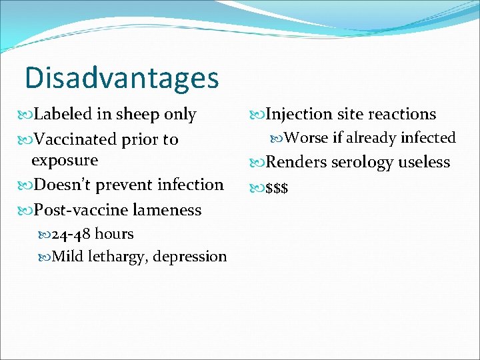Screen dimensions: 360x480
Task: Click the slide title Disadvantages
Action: click(121, 77)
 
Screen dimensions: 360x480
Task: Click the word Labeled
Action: click(63, 114)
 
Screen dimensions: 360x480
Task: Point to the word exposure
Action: click(65, 161)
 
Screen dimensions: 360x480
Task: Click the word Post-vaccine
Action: click(81, 209)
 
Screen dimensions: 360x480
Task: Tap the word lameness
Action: click(167, 209)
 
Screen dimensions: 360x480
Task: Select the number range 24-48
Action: click(72, 234)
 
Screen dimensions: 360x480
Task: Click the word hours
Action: click(115, 234)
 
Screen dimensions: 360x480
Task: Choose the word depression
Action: click(190, 257)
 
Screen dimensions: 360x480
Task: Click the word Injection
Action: click(299, 114)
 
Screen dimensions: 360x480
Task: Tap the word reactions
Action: click(399, 114)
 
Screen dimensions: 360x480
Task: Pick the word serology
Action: click(363, 162)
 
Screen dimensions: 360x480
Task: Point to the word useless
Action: click(425, 162)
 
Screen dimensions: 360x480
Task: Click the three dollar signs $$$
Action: click(277, 188)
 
